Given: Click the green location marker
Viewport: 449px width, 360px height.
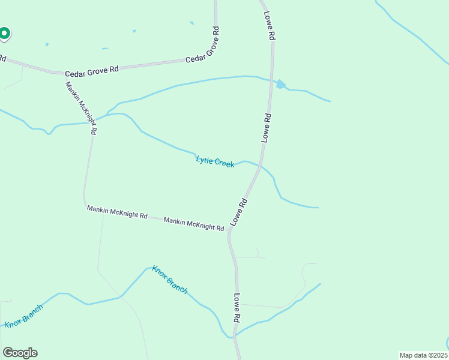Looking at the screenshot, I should (4, 34).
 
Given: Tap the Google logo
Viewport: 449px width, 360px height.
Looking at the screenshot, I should (20, 353).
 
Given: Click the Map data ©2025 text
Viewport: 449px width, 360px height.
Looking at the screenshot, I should (424, 355).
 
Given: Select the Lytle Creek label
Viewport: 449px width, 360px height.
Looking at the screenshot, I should (215, 161).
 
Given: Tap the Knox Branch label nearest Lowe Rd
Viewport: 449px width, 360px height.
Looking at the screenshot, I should (170, 280).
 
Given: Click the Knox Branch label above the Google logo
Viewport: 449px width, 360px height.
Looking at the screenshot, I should (24, 316).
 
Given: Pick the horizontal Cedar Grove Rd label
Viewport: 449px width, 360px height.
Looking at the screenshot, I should (92, 71).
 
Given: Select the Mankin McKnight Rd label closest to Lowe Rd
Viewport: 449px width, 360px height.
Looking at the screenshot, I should (194, 224).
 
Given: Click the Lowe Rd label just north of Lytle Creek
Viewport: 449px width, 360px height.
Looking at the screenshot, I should (267, 128).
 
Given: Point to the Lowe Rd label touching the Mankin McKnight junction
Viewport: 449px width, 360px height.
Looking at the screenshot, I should (239, 212).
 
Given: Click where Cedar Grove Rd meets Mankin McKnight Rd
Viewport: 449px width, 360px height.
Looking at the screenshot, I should (65, 74).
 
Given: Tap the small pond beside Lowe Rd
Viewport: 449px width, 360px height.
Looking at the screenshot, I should (280, 85).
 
